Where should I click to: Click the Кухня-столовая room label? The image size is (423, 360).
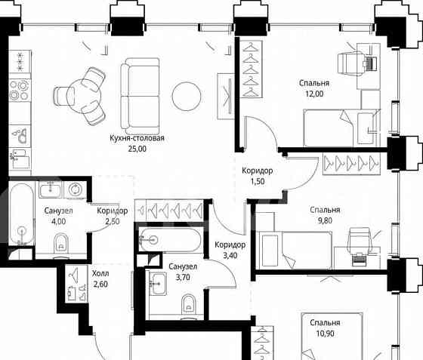(x=137, y=138)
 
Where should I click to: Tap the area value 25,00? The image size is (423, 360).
(x=137, y=149)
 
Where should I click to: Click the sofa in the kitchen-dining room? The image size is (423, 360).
(x=140, y=93)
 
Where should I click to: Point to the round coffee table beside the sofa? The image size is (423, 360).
(x=187, y=96)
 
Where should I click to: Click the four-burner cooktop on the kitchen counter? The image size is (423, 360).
(x=20, y=91)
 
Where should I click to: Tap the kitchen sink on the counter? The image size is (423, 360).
(x=20, y=135)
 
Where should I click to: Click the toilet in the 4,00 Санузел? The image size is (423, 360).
(x=61, y=244)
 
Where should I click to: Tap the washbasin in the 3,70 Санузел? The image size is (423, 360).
(x=157, y=284)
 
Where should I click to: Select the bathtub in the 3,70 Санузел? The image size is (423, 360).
(x=170, y=240)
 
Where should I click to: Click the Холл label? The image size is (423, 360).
(x=100, y=274)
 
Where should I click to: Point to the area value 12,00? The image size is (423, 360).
(x=314, y=94)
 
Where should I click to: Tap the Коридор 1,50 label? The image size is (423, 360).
(x=257, y=176)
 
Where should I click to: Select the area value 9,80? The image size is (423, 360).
(x=325, y=220)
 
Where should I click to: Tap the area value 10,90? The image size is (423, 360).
(x=325, y=334)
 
